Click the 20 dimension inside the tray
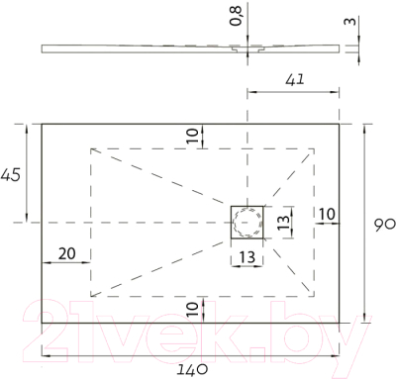click(x=66, y=253)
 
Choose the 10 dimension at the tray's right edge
click(x=327, y=214)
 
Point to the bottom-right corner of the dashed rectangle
click(x=315, y=296)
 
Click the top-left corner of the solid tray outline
click(x=42, y=124)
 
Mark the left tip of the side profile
click(x=43, y=47)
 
